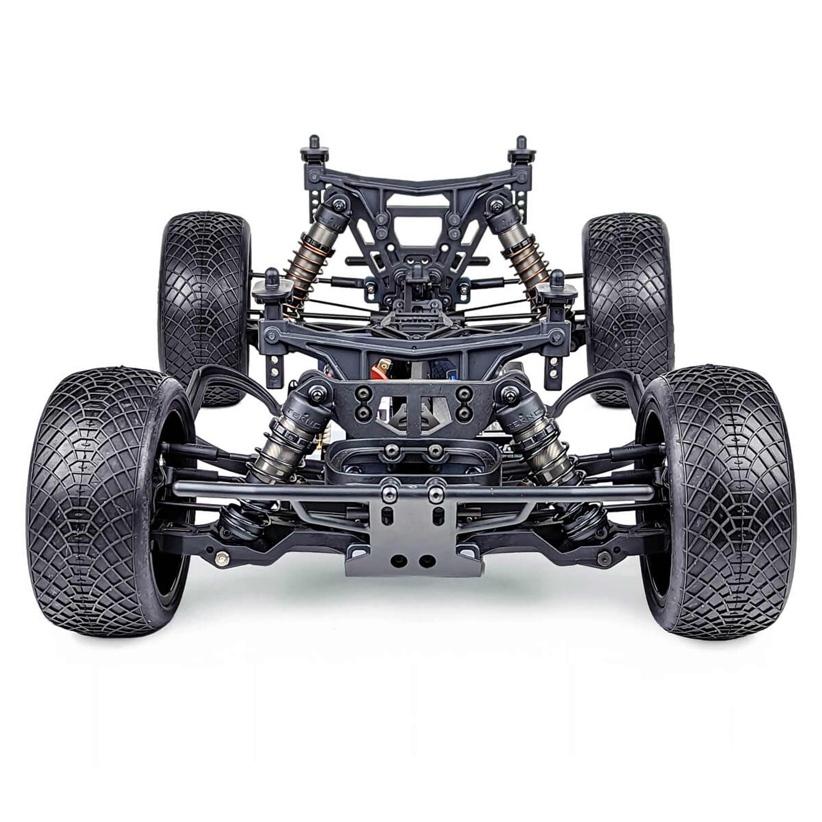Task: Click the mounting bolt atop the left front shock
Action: pyautogui.click(x=315, y=395)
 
